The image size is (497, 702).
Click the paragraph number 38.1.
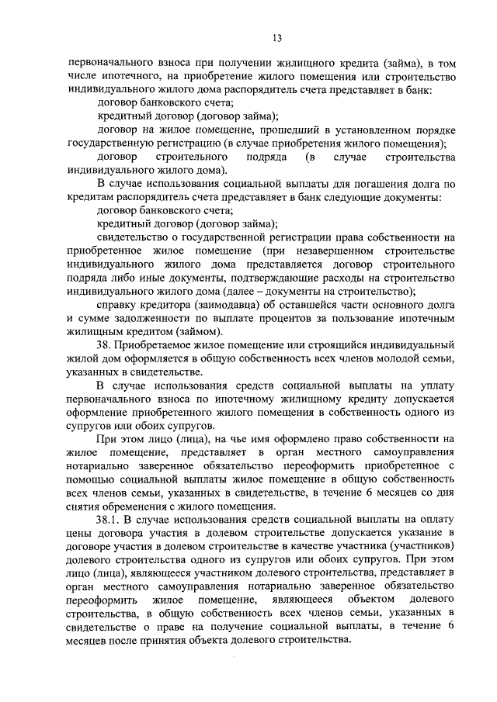click(111, 518)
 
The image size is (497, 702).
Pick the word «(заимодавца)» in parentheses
click(206, 305)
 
